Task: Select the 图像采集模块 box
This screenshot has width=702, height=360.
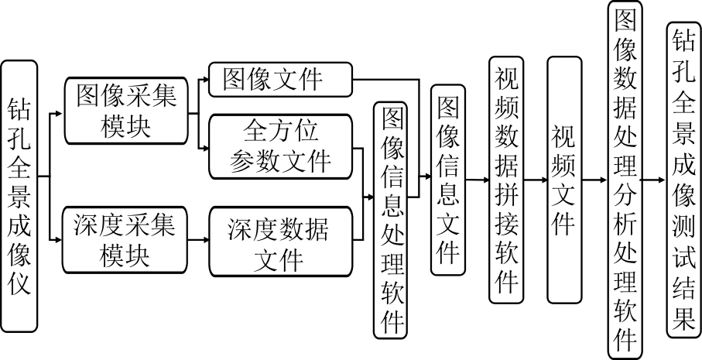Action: (x=125, y=110)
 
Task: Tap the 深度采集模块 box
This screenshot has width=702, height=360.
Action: (x=125, y=239)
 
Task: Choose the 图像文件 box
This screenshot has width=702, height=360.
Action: (x=279, y=79)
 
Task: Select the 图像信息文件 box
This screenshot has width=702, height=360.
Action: (x=448, y=179)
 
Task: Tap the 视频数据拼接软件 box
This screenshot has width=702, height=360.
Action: (x=505, y=179)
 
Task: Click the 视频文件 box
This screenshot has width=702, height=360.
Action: (x=563, y=179)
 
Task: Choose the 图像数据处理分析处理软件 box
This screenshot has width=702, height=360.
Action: (x=624, y=179)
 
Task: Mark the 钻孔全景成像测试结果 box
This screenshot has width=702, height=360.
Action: (x=683, y=179)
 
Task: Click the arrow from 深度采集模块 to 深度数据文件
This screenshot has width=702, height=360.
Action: (x=198, y=239)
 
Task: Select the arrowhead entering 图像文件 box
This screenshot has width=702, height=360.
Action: (x=204, y=79)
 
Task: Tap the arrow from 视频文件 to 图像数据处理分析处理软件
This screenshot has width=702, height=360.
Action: (x=594, y=179)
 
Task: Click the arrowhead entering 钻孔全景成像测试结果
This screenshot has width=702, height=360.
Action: (x=661, y=179)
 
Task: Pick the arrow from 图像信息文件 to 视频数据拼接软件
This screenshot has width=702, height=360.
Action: (x=477, y=179)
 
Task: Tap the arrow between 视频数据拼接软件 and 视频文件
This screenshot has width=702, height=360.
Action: (x=535, y=179)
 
